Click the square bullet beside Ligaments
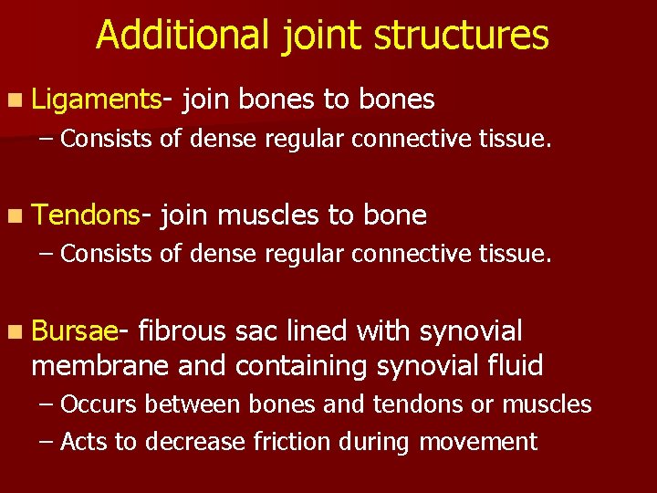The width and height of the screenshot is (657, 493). point(20,100)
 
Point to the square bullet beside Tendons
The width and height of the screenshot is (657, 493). point(20,215)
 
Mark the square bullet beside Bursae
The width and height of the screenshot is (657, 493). point(20,330)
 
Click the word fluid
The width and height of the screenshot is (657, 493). point(513,366)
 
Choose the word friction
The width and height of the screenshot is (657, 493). point(295,442)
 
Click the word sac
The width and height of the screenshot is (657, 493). point(258,330)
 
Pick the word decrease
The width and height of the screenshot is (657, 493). point(188,442)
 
